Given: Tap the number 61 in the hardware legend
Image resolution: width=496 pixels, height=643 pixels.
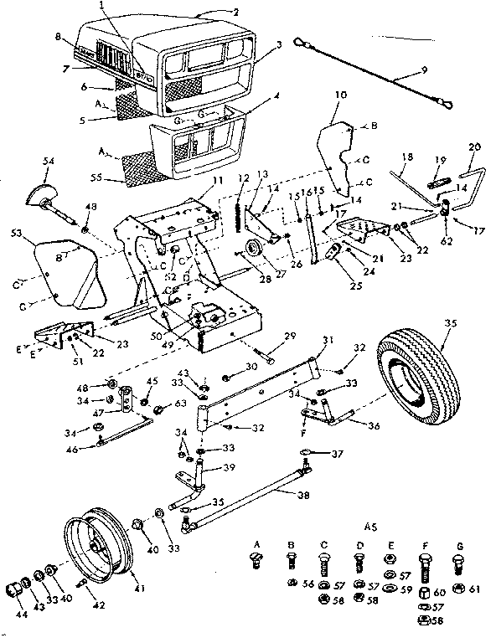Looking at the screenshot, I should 475,589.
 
